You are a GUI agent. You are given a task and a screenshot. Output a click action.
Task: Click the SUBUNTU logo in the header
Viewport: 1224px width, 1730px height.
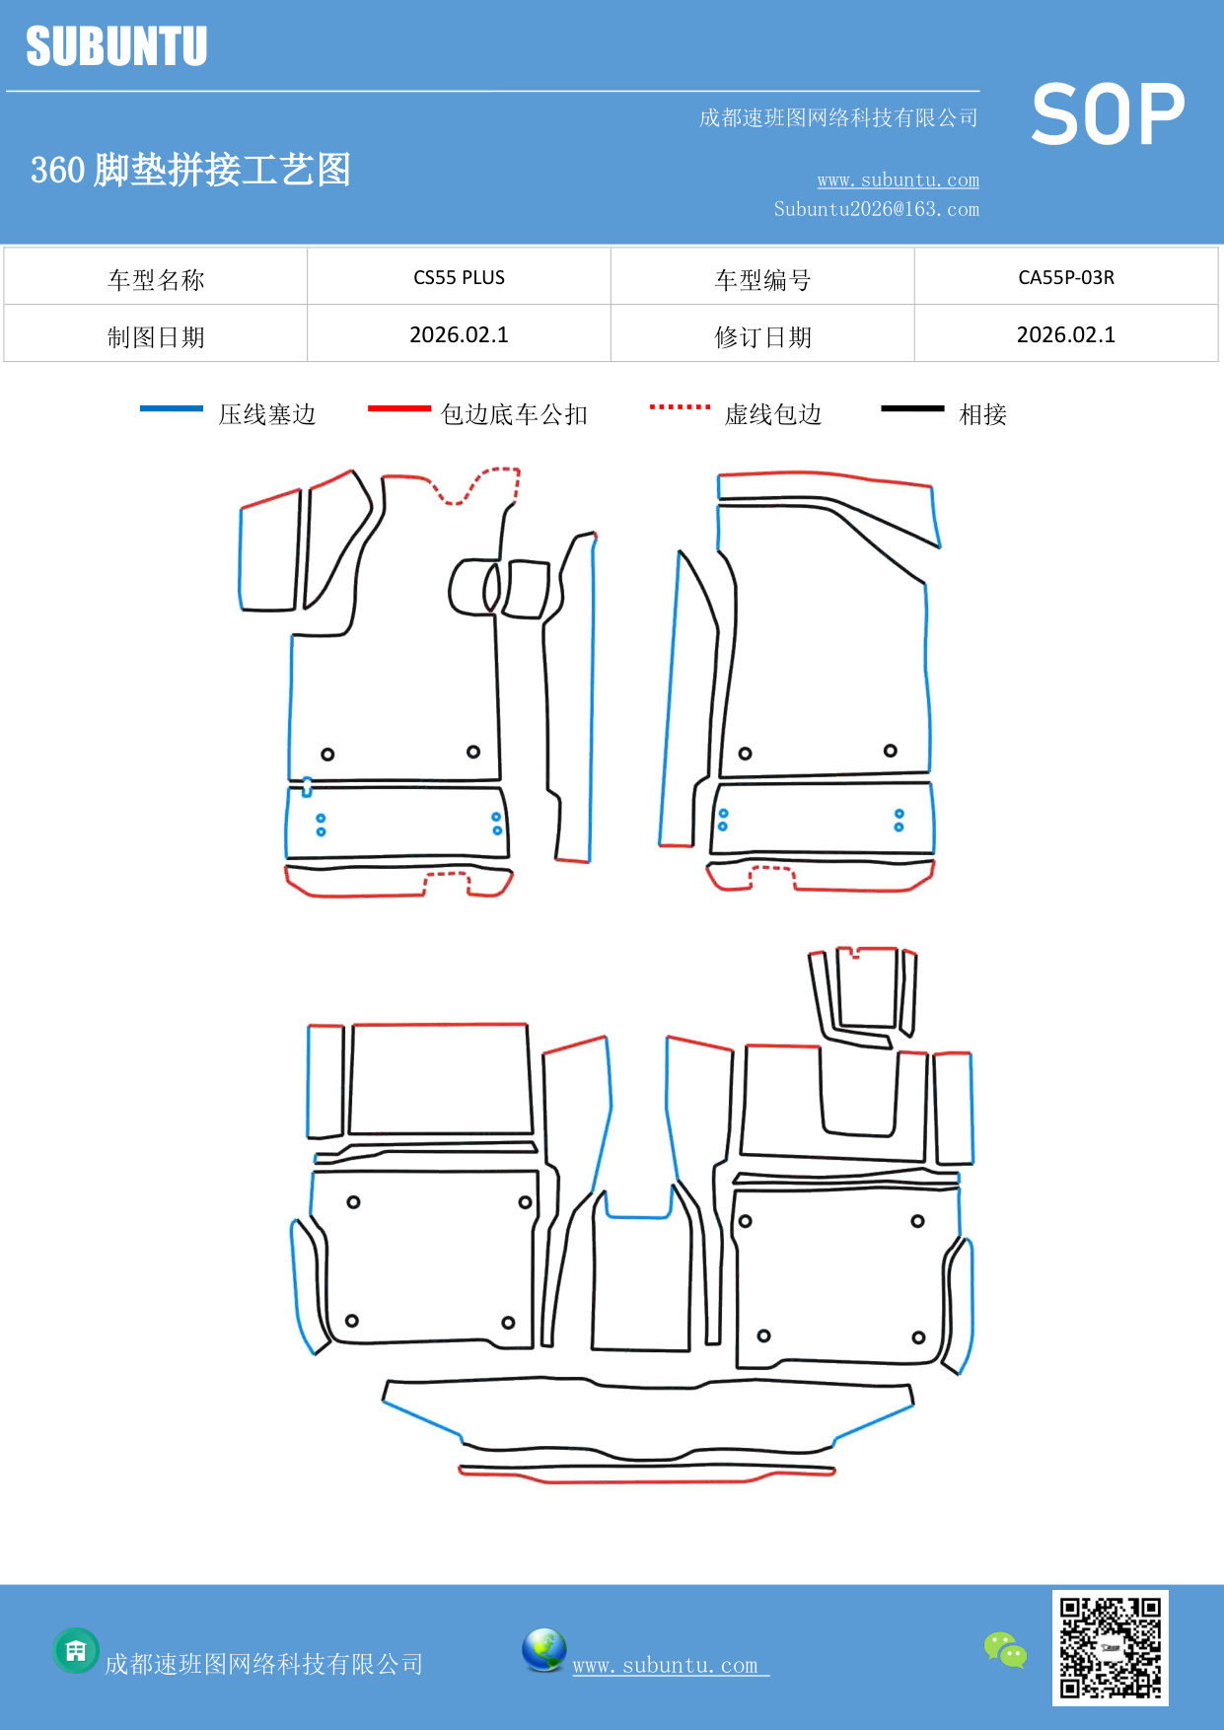coord(116,46)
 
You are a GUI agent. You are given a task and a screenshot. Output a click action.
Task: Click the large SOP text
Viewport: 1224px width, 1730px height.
coord(1108,114)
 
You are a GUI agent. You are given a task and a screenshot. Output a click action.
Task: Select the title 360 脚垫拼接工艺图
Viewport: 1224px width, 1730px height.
coord(190,170)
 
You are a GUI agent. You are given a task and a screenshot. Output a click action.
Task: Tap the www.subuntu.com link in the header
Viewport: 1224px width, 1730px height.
coord(898,180)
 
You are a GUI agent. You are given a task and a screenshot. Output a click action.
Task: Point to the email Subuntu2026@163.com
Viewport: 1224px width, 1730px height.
coord(876,209)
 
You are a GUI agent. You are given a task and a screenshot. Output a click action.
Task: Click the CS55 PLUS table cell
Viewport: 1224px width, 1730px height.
coord(459,277)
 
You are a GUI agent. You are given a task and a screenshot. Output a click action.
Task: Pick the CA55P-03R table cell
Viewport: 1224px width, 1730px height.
coord(1065,277)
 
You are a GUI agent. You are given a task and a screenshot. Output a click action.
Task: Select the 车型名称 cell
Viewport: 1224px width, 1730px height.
coord(156,280)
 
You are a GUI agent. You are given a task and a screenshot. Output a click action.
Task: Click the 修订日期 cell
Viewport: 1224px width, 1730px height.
coord(762,337)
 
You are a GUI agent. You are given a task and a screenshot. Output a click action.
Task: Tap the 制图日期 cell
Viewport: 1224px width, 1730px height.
coord(156,337)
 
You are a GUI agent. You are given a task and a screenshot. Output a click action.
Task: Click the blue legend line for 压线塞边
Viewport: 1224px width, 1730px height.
coord(172,408)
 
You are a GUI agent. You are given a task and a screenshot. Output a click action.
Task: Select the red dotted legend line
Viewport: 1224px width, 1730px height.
coord(680,406)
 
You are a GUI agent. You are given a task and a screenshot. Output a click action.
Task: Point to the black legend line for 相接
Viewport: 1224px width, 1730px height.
coord(912,408)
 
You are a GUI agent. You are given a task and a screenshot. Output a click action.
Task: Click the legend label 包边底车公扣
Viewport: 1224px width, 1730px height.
coord(514,414)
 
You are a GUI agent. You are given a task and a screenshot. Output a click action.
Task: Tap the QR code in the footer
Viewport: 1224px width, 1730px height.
coord(1110,1647)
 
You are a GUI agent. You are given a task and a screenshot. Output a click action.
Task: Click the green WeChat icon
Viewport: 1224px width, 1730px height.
coord(1005,1649)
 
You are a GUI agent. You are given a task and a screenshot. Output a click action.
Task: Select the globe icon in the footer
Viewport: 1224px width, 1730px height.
coord(543,1650)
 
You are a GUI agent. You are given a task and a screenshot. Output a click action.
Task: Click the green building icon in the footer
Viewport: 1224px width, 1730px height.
coord(76,1650)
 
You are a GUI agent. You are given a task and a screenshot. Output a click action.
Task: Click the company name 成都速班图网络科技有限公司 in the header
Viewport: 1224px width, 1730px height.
coord(838,118)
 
